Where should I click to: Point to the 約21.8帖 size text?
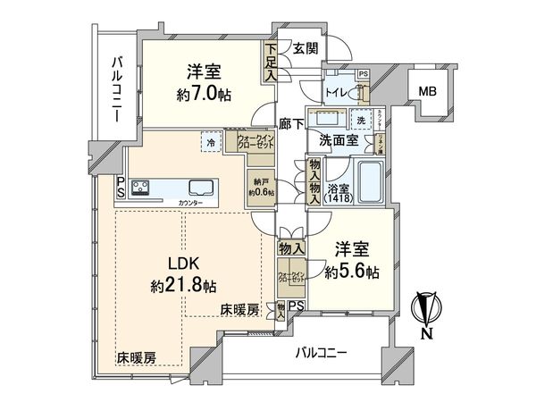click(x=184, y=287)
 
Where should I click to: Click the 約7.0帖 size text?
click(x=205, y=94)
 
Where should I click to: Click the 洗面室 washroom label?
click(x=339, y=140)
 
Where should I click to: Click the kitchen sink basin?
click(x=200, y=188)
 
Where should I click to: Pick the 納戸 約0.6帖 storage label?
click(x=262, y=186)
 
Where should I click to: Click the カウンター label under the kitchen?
click(x=190, y=204)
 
